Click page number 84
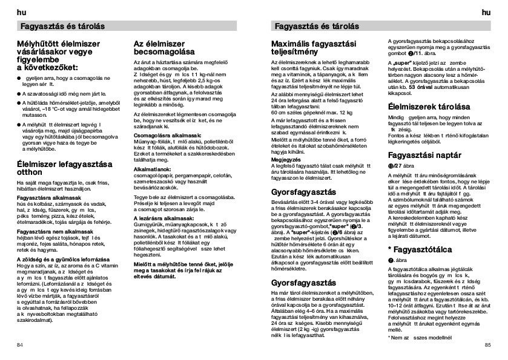(20, 345)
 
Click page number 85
(487, 345)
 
